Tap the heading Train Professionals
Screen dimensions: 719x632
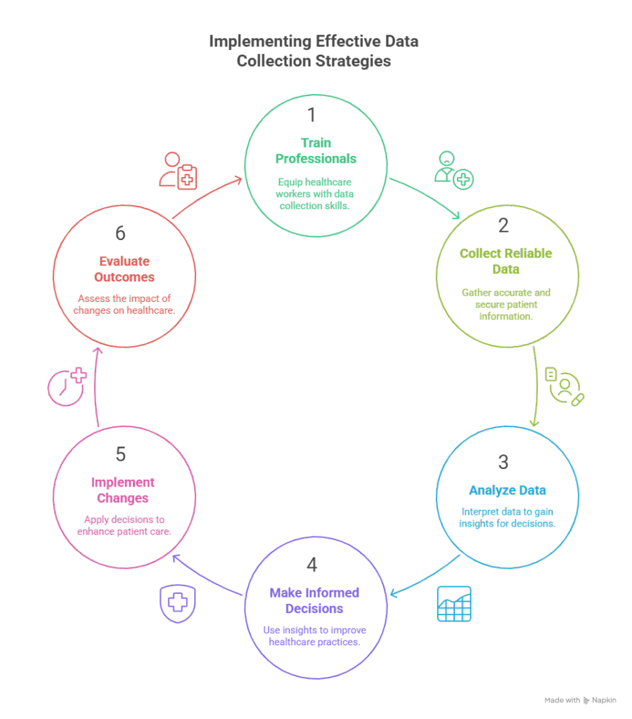(x=316, y=150)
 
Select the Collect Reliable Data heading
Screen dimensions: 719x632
(x=506, y=260)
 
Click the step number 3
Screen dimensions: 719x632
(x=503, y=462)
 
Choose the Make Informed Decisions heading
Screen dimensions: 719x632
(x=314, y=600)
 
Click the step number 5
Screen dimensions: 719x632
(x=120, y=454)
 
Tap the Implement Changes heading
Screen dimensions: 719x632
(x=123, y=490)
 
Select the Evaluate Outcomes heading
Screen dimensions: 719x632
(x=124, y=268)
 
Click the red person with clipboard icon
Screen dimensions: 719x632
(x=177, y=170)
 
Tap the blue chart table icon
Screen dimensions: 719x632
(x=454, y=604)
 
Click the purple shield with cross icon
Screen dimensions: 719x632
(x=178, y=603)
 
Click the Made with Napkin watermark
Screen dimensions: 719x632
(x=580, y=700)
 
